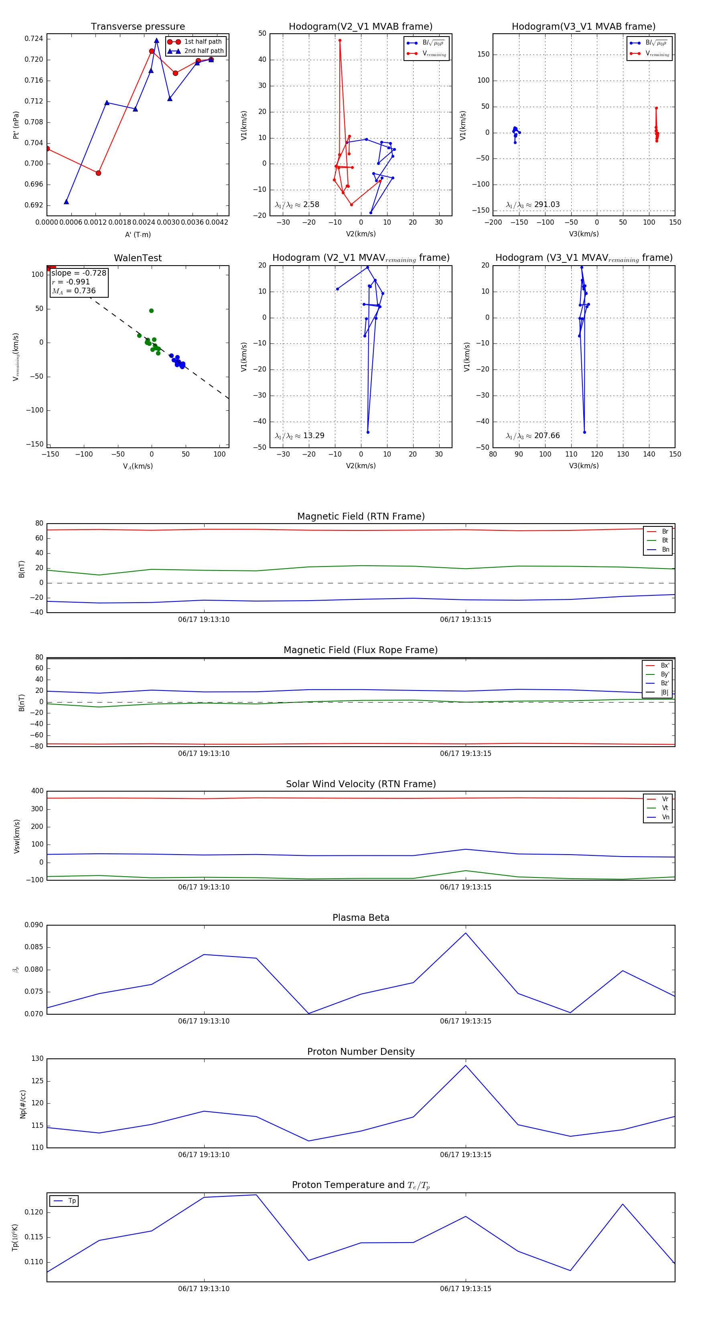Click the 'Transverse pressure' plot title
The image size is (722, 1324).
tap(138, 27)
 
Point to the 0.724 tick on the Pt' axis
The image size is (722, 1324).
tap(34, 39)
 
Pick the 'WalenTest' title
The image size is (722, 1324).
tap(138, 258)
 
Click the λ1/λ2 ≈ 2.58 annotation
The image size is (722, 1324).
tap(297, 205)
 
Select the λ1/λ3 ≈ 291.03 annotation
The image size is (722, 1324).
tap(533, 205)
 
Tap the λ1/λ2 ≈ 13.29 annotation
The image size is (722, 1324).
tap(300, 436)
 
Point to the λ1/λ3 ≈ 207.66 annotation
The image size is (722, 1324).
tap(533, 436)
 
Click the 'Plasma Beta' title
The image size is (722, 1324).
tap(361, 918)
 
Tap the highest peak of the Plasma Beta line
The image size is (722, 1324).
tap(466, 933)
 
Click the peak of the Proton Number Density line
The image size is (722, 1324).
tap(466, 1065)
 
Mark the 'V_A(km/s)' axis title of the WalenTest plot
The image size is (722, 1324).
tap(138, 466)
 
